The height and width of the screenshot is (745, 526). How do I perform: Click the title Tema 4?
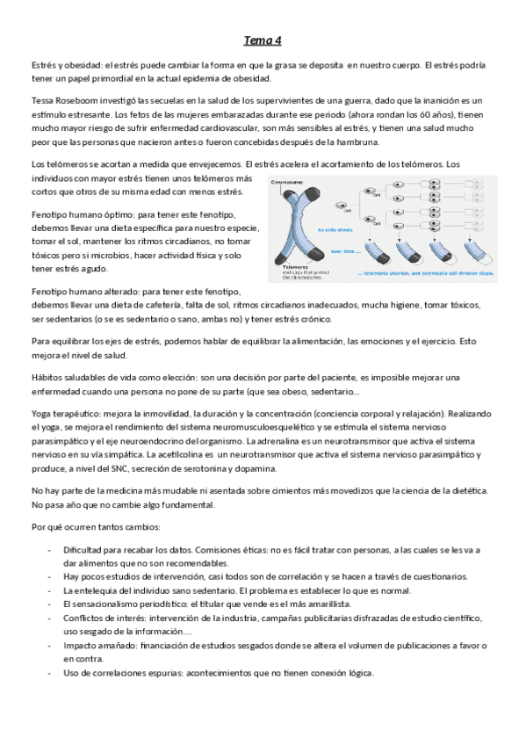263,40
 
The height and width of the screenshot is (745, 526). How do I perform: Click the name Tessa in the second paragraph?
43,101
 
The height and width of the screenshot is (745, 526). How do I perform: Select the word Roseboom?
82,101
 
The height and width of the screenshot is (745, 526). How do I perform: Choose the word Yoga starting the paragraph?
41,413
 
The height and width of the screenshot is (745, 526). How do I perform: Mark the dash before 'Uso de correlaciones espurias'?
49,673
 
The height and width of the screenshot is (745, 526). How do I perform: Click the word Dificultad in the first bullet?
86,550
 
